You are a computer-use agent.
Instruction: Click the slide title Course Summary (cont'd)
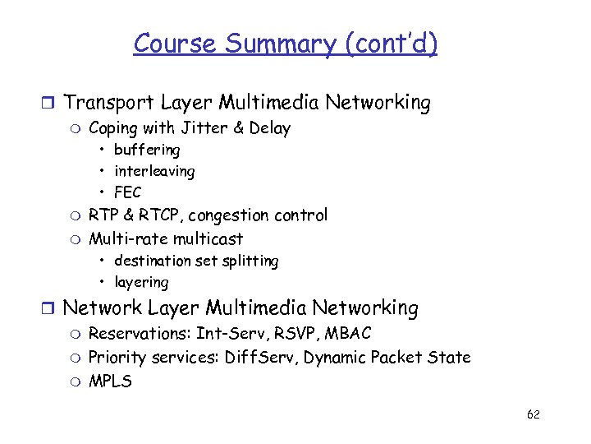[285, 43]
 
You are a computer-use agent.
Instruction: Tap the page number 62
[533, 414]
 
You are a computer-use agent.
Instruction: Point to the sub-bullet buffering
[147, 150]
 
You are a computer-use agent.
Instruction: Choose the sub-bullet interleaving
[154, 171]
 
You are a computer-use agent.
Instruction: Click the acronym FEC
[128, 192]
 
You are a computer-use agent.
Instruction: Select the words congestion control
[259, 215]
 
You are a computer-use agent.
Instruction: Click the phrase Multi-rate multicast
[166, 239]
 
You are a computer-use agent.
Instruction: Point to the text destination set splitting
[196, 261]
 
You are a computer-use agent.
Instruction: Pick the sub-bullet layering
[141, 282]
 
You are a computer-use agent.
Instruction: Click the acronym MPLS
[110, 382]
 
